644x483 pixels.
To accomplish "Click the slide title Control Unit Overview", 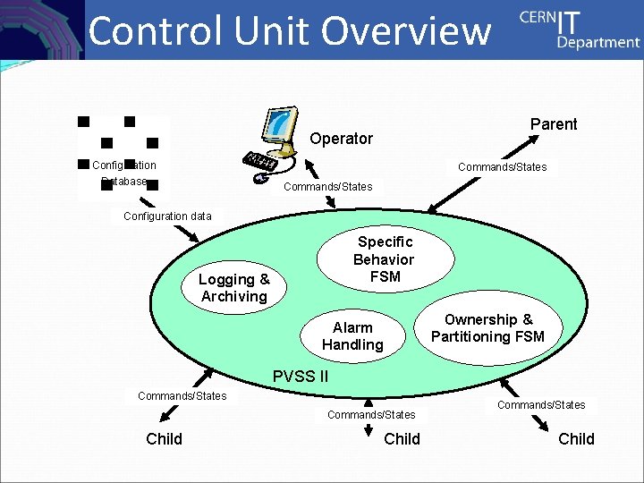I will pos(289,30).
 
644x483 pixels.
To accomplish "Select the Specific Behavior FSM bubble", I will pos(384,259).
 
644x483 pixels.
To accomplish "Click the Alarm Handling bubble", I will pos(352,336).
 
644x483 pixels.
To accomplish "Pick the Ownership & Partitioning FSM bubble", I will pos(487,328).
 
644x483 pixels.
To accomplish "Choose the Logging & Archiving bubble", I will pos(233,288).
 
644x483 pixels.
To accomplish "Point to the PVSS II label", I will pos(300,377).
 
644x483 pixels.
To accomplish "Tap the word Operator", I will pos(341,139).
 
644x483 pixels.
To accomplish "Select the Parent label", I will pos(554,124).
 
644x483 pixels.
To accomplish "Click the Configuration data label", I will pos(167,216).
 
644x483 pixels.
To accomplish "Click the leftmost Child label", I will pos(164,438).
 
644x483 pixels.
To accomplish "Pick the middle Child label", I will pos(402,438).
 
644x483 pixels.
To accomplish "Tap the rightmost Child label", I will pos(576,438).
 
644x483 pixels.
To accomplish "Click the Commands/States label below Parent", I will pos(502,167).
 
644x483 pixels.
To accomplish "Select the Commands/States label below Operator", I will pos(327,187).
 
